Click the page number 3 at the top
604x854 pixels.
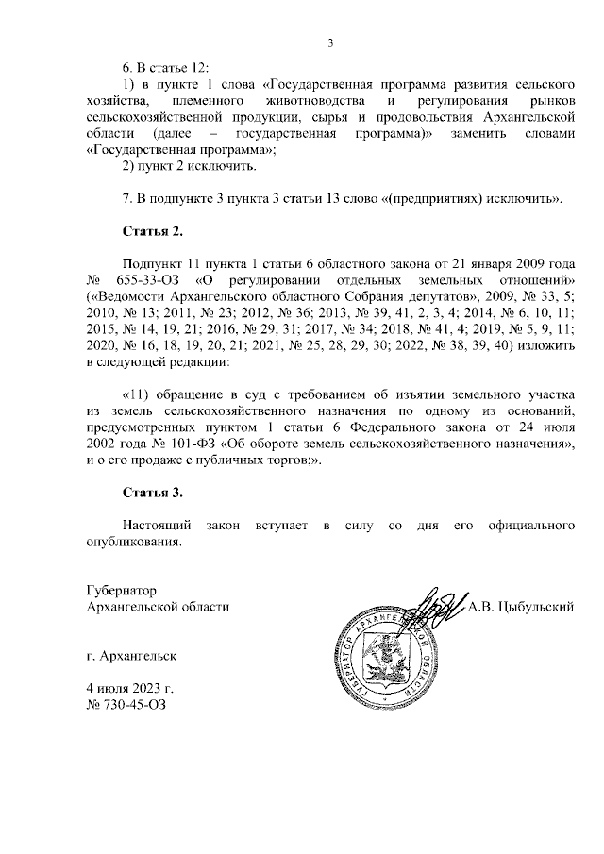point(330,42)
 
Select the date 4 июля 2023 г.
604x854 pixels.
point(129,687)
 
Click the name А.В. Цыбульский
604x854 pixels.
point(521,607)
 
